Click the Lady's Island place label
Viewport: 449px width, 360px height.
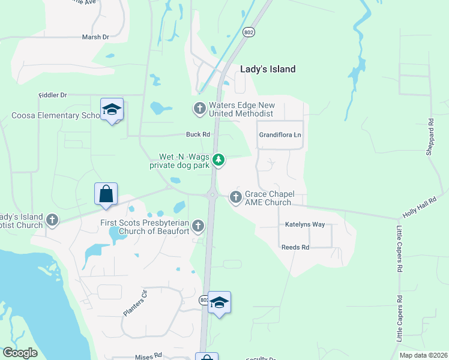[268, 69]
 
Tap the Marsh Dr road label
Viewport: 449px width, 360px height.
[95, 37]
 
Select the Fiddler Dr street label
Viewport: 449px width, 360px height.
[53, 95]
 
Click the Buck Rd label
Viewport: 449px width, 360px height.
[197, 134]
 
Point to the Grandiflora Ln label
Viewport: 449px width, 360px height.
[280, 135]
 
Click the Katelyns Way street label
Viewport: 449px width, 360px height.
[305, 224]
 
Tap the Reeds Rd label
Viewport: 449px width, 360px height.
[295, 247]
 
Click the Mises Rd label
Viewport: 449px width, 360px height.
[149, 355]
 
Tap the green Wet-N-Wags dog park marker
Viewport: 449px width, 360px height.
[219, 160]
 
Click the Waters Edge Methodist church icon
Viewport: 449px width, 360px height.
[199, 109]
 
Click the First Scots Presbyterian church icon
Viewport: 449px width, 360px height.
[198, 226]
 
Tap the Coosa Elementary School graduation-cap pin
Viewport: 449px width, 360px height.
[112, 109]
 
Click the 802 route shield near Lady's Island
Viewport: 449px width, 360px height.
[248, 31]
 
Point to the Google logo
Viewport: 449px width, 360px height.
[20, 353]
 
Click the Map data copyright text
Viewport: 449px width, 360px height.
[423, 355]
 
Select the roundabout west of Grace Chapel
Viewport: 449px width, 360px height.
[212, 194]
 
